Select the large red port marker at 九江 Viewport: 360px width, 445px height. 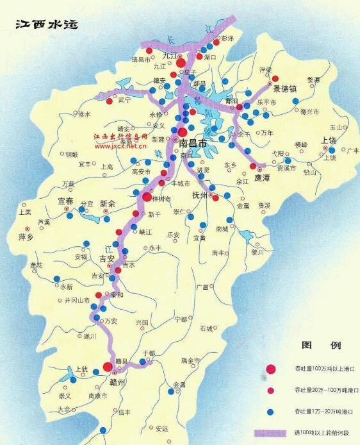(181, 63)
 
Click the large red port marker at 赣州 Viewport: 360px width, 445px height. (108, 367)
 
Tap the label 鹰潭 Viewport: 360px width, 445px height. (263, 177)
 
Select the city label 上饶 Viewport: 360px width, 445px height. (329, 140)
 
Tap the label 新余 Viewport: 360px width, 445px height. (109, 203)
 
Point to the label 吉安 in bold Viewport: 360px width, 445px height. (92, 258)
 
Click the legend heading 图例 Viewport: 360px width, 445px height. (321, 345)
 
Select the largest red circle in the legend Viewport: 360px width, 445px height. (271, 369)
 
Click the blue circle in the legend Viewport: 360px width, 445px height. (271, 411)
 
